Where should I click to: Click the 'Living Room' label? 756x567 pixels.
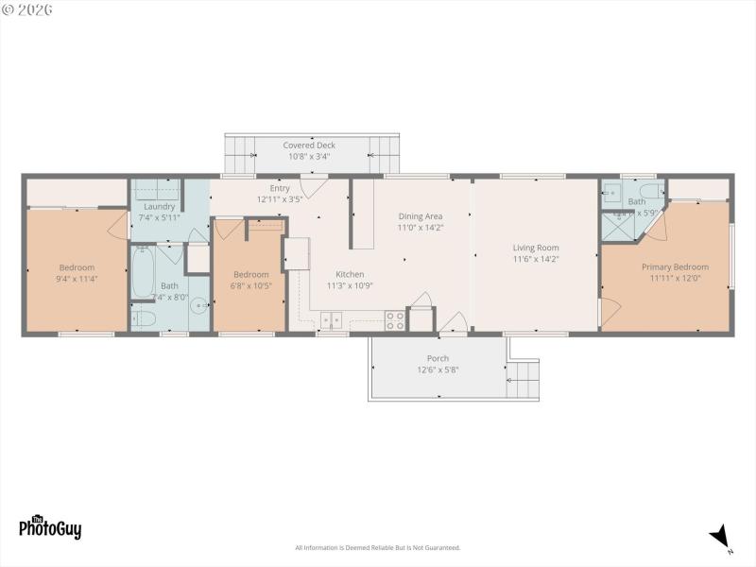[536, 247]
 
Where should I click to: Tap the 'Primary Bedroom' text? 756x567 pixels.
[675, 267]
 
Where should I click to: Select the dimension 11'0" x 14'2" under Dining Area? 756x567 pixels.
[421, 228]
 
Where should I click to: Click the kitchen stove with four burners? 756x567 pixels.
[394, 320]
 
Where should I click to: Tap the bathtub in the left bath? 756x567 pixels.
[144, 272]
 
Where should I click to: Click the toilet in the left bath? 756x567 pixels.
[143, 317]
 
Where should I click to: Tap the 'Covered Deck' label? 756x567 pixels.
[309, 146]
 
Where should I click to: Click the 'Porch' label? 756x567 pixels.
[438, 358]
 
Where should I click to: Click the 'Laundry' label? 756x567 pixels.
[159, 206]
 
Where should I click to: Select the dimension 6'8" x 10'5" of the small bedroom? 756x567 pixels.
[250, 285]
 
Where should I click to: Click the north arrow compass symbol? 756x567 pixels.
[721, 536]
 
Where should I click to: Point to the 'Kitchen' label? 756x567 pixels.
[350, 274]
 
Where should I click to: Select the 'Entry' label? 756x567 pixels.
[280, 188]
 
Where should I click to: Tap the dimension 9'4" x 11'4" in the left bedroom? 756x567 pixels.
[77, 279]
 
